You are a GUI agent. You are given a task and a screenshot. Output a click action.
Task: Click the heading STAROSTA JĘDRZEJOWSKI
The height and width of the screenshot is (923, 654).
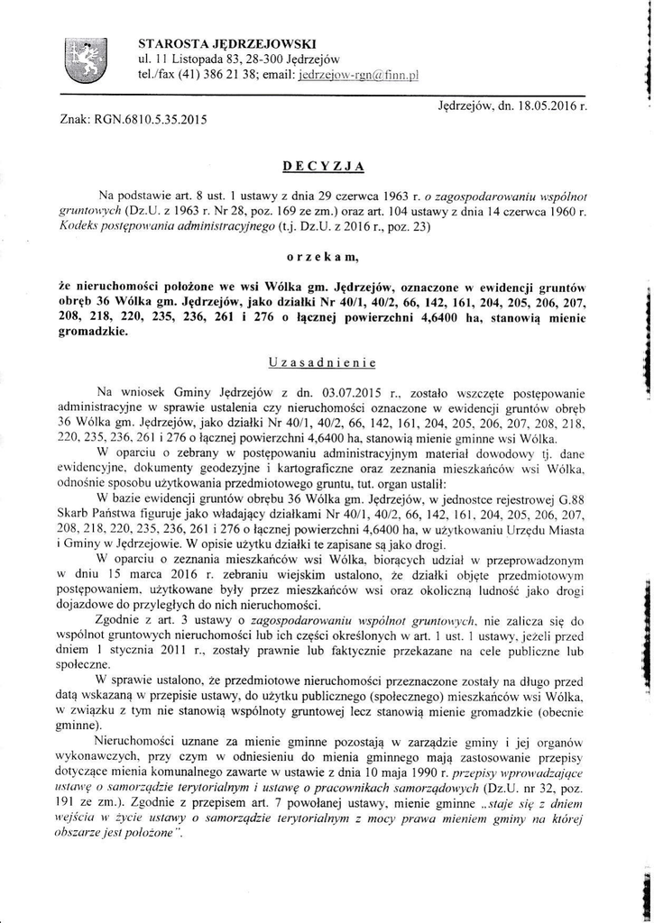pyautogui.click(x=226, y=42)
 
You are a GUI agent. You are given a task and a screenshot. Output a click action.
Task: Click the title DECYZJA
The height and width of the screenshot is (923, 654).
pyautogui.click(x=322, y=166)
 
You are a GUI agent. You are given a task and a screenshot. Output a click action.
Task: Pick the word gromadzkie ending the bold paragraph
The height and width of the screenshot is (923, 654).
pyautogui.click(x=94, y=330)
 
